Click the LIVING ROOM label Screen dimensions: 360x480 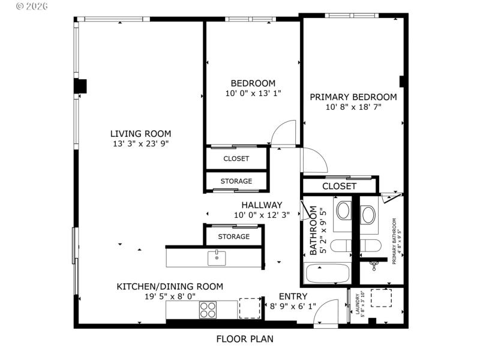point(140,134)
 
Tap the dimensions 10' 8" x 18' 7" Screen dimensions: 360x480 point(353,107)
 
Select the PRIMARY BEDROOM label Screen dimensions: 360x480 point(353,97)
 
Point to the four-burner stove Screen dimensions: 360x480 point(208,310)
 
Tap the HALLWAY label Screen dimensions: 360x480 point(262,205)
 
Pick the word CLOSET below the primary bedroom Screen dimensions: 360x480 point(340,186)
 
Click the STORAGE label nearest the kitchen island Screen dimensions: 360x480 point(233,236)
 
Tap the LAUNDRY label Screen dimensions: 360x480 point(358,305)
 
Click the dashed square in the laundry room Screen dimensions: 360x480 point(380,298)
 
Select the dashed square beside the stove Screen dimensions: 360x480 point(250,308)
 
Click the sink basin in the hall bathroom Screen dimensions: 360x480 point(344,211)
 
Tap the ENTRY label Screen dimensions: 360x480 point(293,296)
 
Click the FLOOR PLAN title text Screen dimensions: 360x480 point(244,339)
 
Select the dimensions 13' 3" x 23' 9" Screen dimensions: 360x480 point(140,144)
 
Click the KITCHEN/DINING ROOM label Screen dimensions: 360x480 point(170,287)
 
